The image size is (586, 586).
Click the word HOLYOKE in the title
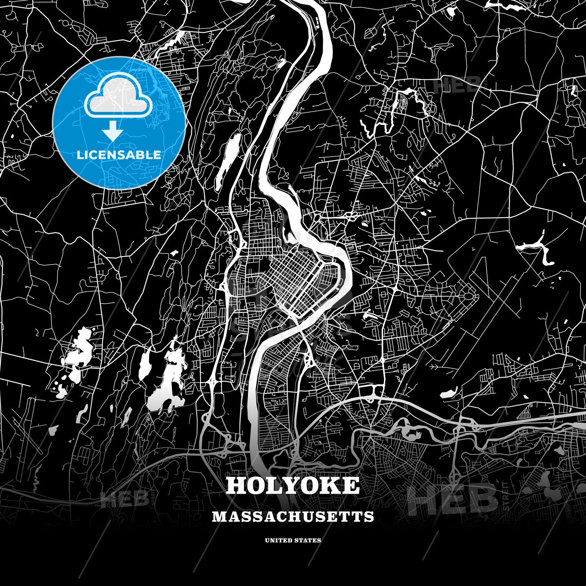(293, 485)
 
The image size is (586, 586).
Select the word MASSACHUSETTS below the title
(293, 516)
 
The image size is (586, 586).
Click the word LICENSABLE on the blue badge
(119, 155)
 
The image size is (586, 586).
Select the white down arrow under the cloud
(113, 132)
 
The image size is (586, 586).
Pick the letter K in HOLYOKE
(330, 485)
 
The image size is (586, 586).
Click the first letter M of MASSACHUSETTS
(218, 516)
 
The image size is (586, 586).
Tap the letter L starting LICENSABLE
(79, 155)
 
